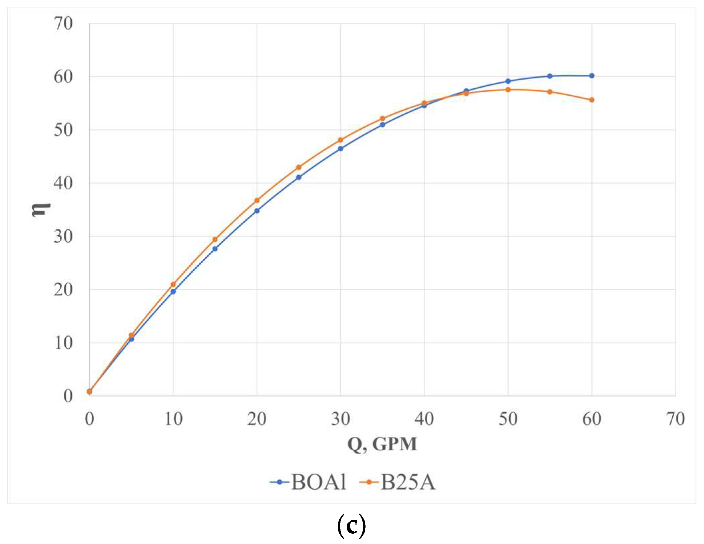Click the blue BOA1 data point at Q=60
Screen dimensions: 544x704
pyautogui.click(x=592, y=76)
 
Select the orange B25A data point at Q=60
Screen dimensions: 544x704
pyautogui.click(x=592, y=100)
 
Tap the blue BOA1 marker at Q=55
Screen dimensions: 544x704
pyautogui.click(x=550, y=76)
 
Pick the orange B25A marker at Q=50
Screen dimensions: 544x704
pyautogui.click(x=508, y=89)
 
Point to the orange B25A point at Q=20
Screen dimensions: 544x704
pyautogui.click(x=257, y=200)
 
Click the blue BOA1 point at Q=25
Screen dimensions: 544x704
pyautogui.click(x=299, y=177)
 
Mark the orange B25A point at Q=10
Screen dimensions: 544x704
pyautogui.click(x=173, y=284)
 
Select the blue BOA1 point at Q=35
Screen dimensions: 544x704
pyautogui.click(x=383, y=124)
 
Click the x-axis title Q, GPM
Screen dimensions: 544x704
pyautogui.click(x=382, y=444)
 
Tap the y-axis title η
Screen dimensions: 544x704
pyautogui.click(x=41, y=210)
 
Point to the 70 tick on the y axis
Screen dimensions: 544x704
pyautogui.click(x=63, y=24)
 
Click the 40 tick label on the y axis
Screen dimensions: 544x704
pyautogui.click(x=63, y=183)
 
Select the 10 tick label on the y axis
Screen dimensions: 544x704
pyautogui.click(x=63, y=343)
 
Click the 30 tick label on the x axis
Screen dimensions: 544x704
pyautogui.click(x=340, y=419)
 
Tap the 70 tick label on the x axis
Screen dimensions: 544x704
pyautogui.click(x=676, y=419)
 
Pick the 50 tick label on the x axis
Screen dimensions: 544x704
pyautogui.click(x=508, y=419)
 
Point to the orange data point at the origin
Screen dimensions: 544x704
pyautogui.click(x=89, y=391)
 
